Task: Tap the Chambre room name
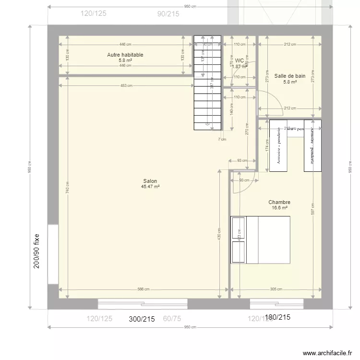(x=279, y=203)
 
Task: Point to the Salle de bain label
(x=290, y=76)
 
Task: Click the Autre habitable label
(x=125, y=55)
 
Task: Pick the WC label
(x=239, y=61)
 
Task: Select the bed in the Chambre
(x=261, y=240)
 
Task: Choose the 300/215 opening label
(x=142, y=318)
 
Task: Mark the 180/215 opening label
(x=278, y=317)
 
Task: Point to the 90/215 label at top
(x=168, y=14)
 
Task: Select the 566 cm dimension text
(x=143, y=289)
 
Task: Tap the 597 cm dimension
(x=312, y=212)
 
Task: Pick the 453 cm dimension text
(x=126, y=85)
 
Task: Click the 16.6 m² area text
(x=279, y=208)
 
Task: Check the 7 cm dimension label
(x=221, y=140)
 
